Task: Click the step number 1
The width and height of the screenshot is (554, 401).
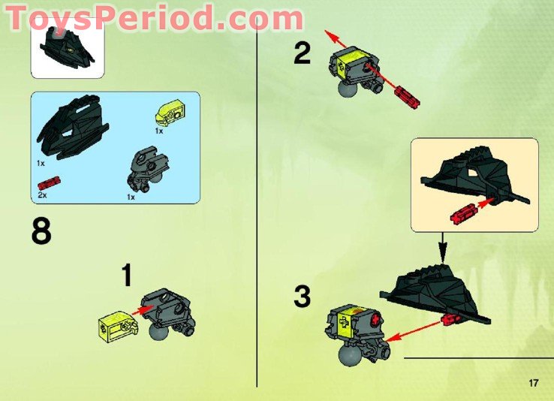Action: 127,276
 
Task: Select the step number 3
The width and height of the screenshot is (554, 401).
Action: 302,297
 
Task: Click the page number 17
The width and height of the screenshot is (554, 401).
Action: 534,384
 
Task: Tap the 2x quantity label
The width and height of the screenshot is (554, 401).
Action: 42,194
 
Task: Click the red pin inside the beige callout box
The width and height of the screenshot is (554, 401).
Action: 464,213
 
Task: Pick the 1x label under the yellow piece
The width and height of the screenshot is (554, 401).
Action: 158,131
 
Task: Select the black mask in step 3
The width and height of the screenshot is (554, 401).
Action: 435,293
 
